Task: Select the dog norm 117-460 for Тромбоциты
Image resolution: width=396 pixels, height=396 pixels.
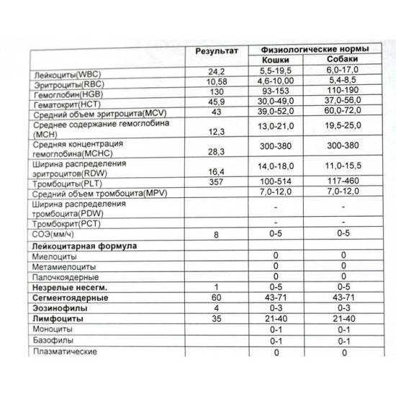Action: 344,183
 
